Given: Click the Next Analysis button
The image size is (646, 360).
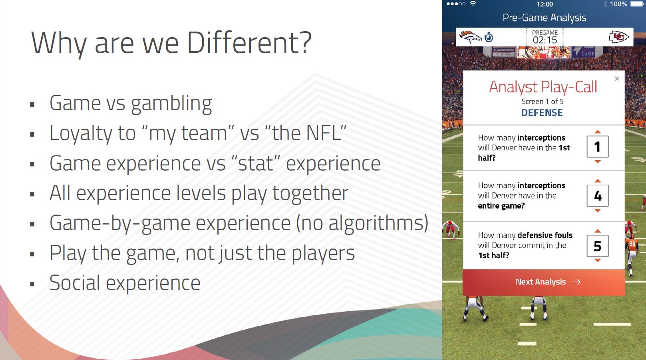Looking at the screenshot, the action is click(x=544, y=282).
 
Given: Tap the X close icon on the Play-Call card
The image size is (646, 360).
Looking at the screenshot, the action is click(x=617, y=78).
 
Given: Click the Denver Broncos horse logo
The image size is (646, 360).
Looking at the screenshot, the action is click(x=470, y=37).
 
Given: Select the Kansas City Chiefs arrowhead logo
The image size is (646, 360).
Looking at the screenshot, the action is click(x=619, y=37).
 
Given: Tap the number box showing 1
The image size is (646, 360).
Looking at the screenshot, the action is click(x=598, y=147).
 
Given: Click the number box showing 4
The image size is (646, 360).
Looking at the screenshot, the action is click(x=598, y=195).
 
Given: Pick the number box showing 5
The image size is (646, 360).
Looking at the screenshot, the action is click(x=598, y=246).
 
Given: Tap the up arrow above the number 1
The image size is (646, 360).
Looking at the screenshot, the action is click(x=598, y=132).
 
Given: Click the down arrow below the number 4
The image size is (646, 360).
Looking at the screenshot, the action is click(x=598, y=211).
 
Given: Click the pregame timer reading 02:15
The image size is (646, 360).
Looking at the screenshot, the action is click(x=545, y=40).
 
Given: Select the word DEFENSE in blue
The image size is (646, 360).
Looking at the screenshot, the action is click(x=542, y=113).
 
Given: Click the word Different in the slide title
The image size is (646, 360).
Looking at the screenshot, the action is click(x=249, y=43).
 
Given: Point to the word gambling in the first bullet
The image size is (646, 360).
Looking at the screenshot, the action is click(x=172, y=104).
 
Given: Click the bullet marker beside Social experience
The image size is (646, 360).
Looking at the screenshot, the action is click(x=32, y=284).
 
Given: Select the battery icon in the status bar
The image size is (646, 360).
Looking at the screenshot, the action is click(x=637, y=4).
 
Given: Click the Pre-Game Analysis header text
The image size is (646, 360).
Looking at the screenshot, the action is click(x=545, y=18).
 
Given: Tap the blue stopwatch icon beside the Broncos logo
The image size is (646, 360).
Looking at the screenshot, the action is click(x=489, y=37).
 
